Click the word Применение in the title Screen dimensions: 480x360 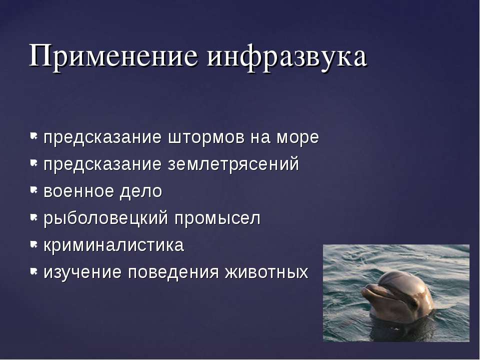coord(113,56)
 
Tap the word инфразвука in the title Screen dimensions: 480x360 coord(287,57)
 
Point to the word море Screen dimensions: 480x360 coord(297,138)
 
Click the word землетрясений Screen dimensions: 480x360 coord(233,164)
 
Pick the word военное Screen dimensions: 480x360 coord(78,191)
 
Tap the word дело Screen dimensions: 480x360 coord(141,192)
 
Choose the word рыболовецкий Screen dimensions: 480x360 coord(106,219)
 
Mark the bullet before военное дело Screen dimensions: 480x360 coord(33,190)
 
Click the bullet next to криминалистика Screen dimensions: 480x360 coord(33,244)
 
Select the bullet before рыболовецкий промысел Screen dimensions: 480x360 coord(33,217)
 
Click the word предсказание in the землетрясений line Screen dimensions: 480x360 coord(102,165)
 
